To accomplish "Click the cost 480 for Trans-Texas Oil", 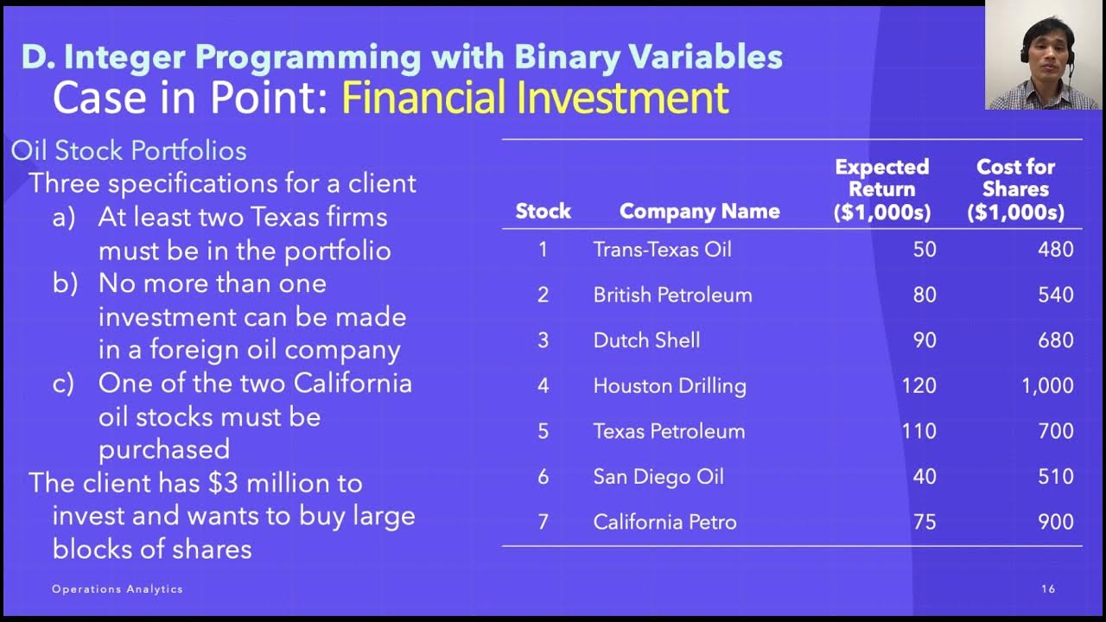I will click(1056, 250).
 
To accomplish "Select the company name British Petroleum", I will click(672, 295).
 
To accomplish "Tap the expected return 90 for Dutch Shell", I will click(925, 340).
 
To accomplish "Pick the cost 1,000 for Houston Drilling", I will click(1047, 385).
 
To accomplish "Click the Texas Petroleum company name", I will click(669, 431).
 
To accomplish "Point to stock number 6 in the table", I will click(543, 476).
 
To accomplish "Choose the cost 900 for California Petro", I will click(1056, 522).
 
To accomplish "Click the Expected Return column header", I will click(881, 189).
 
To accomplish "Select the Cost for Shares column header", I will click(1015, 189).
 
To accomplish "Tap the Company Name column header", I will click(699, 211).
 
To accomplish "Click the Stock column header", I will click(543, 211).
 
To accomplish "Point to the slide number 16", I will click(1048, 589).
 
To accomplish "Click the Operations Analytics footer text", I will click(118, 589).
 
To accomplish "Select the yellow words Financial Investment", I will click(535, 98).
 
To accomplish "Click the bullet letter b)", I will click(66, 283).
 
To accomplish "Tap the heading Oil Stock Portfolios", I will click(129, 150).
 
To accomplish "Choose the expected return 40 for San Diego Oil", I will click(925, 476).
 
